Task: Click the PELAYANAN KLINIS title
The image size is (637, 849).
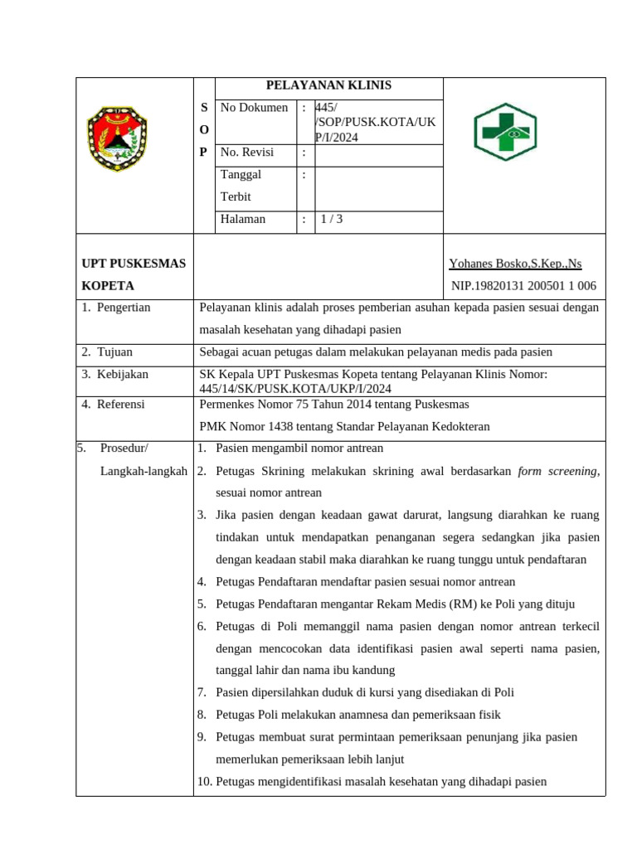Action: pos(328,85)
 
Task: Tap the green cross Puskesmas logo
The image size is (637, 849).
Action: pos(504,132)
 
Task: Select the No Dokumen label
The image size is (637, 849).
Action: pos(254,108)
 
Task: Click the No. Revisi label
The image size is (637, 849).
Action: pos(246,153)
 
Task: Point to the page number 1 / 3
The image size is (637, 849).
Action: pos(331,220)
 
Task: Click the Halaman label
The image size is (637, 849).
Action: pos(243,220)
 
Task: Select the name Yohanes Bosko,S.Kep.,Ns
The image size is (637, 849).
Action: pos(515,264)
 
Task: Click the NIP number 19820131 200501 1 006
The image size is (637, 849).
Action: pos(523,286)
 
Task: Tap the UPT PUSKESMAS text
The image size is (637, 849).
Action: pos(134,264)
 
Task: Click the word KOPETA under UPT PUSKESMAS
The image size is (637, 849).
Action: pos(108,286)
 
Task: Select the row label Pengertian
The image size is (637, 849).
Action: pos(124,308)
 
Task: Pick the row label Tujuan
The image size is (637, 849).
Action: pos(114,352)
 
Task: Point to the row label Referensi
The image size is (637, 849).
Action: pos(120,405)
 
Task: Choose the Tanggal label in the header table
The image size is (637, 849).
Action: pos(241,175)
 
